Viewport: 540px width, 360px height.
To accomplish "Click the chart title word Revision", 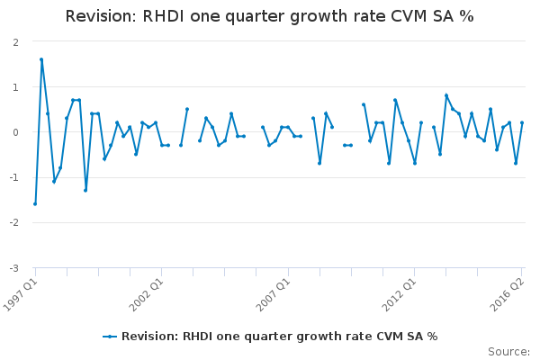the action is pos(102,16).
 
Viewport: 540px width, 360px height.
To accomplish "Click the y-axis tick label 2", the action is pos(15,42).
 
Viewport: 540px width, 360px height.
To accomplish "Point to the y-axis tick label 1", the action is pos(15,87).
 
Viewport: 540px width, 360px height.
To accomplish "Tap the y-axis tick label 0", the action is pos(15,132).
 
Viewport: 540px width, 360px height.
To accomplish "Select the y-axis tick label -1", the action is pos(13,178).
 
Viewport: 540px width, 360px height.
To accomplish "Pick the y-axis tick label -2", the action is pos(13,223).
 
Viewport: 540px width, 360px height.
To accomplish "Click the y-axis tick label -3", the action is pos(13,268).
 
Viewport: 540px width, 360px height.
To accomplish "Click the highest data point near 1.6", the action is pos(41,59).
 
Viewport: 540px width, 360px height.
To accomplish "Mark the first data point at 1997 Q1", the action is pos(35,204).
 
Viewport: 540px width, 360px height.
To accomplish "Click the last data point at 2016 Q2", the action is pos(522,122).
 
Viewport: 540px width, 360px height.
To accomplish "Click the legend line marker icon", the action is pos(110,337).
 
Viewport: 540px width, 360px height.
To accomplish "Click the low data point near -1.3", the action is pos(85,190).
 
